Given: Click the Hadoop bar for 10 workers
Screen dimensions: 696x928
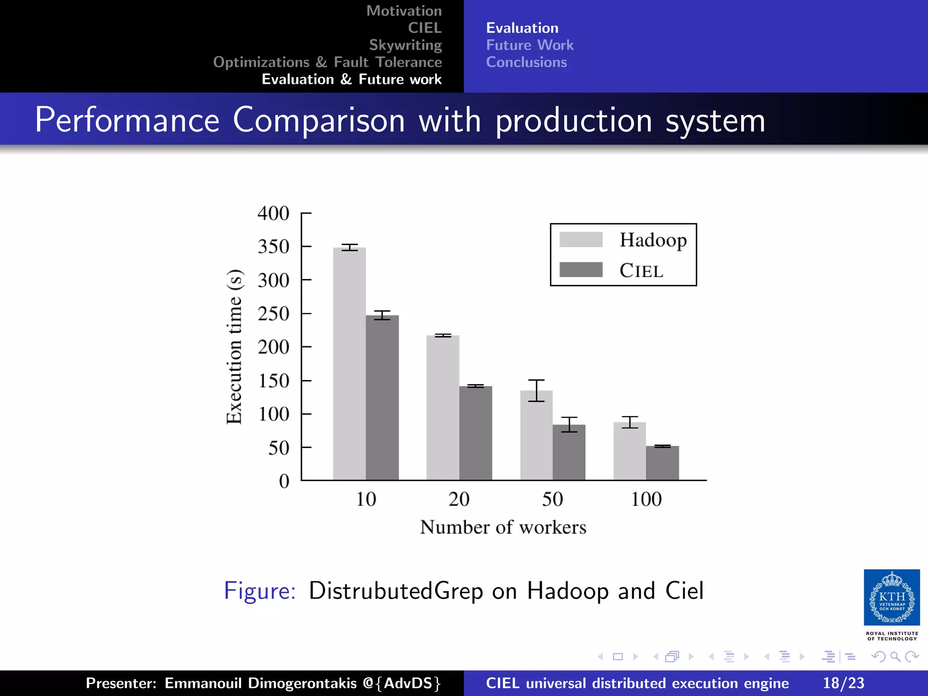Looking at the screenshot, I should pos(349,362).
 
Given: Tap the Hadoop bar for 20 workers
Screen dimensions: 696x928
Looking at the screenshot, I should pos(443,408).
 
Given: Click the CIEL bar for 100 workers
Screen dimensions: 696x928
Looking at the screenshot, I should pos(662,463).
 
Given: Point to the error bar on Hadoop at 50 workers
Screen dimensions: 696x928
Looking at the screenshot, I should pos(536,390).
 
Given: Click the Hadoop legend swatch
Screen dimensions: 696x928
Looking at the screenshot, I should pos(580,239).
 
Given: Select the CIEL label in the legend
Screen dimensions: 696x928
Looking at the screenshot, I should pos(641,271).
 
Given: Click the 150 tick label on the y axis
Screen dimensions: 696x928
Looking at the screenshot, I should pos(273,381).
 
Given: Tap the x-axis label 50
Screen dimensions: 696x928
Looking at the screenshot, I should pos(552,499).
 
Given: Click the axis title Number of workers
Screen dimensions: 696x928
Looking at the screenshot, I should pos(503,527).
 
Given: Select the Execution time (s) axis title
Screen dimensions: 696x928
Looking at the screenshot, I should pos(235,347).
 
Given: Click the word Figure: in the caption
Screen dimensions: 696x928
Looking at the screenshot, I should pos(260,591).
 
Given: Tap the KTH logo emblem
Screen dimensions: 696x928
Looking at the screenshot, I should pos(891,597).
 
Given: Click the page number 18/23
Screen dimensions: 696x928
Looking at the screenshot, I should pos(843,683).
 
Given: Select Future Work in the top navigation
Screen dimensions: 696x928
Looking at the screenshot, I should pos(529,45).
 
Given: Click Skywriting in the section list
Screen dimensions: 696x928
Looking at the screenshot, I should pos(405,45).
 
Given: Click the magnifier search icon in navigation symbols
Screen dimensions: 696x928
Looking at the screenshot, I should pos(895,657).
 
